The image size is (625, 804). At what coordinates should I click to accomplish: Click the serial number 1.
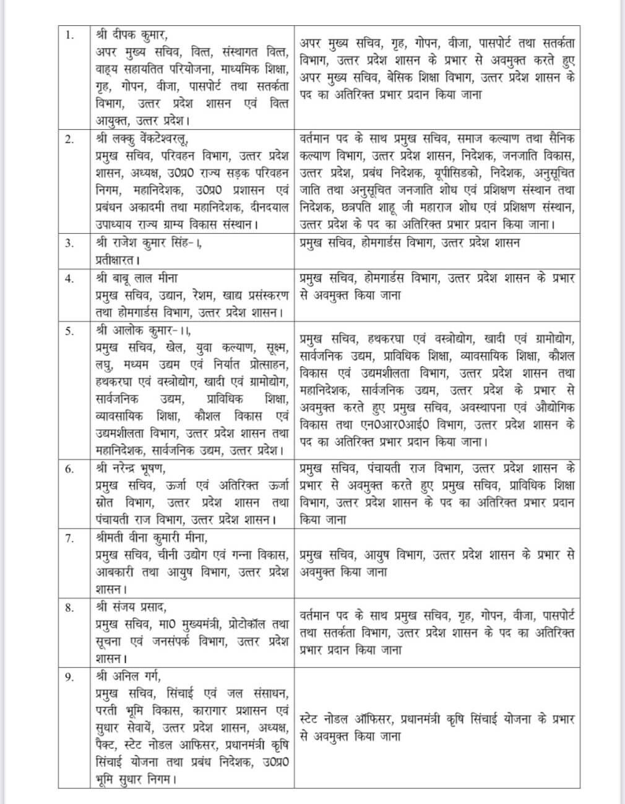(x=70, y=35)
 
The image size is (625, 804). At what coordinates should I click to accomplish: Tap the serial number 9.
(x=70, y=677)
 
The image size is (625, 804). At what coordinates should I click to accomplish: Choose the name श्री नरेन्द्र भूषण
(x=131, y=468)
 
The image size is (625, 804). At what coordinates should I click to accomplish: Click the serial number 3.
(x=70, y=242)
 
